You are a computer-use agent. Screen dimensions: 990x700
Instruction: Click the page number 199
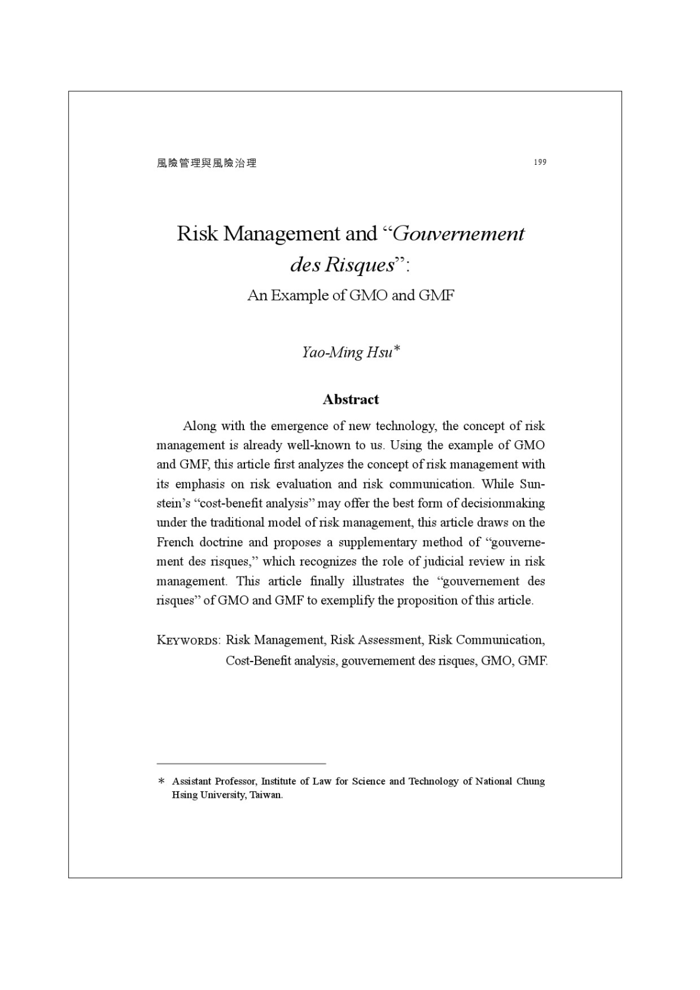(539, 162)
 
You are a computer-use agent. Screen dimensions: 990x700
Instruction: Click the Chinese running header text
(206, 163)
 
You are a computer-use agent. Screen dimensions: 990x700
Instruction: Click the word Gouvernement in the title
(459, 233)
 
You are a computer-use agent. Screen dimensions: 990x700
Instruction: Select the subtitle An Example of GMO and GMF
(350, 295)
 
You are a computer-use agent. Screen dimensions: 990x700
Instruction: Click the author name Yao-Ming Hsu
(347, 352)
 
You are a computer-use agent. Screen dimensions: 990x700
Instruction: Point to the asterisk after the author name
(397, 349)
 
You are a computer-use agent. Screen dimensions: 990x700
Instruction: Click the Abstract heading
(350, 399)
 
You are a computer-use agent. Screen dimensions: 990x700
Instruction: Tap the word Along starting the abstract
(200, 426)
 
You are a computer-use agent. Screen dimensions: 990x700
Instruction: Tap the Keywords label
(188, 641)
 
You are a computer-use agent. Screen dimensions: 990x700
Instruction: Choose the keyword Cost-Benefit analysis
(280, 660)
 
